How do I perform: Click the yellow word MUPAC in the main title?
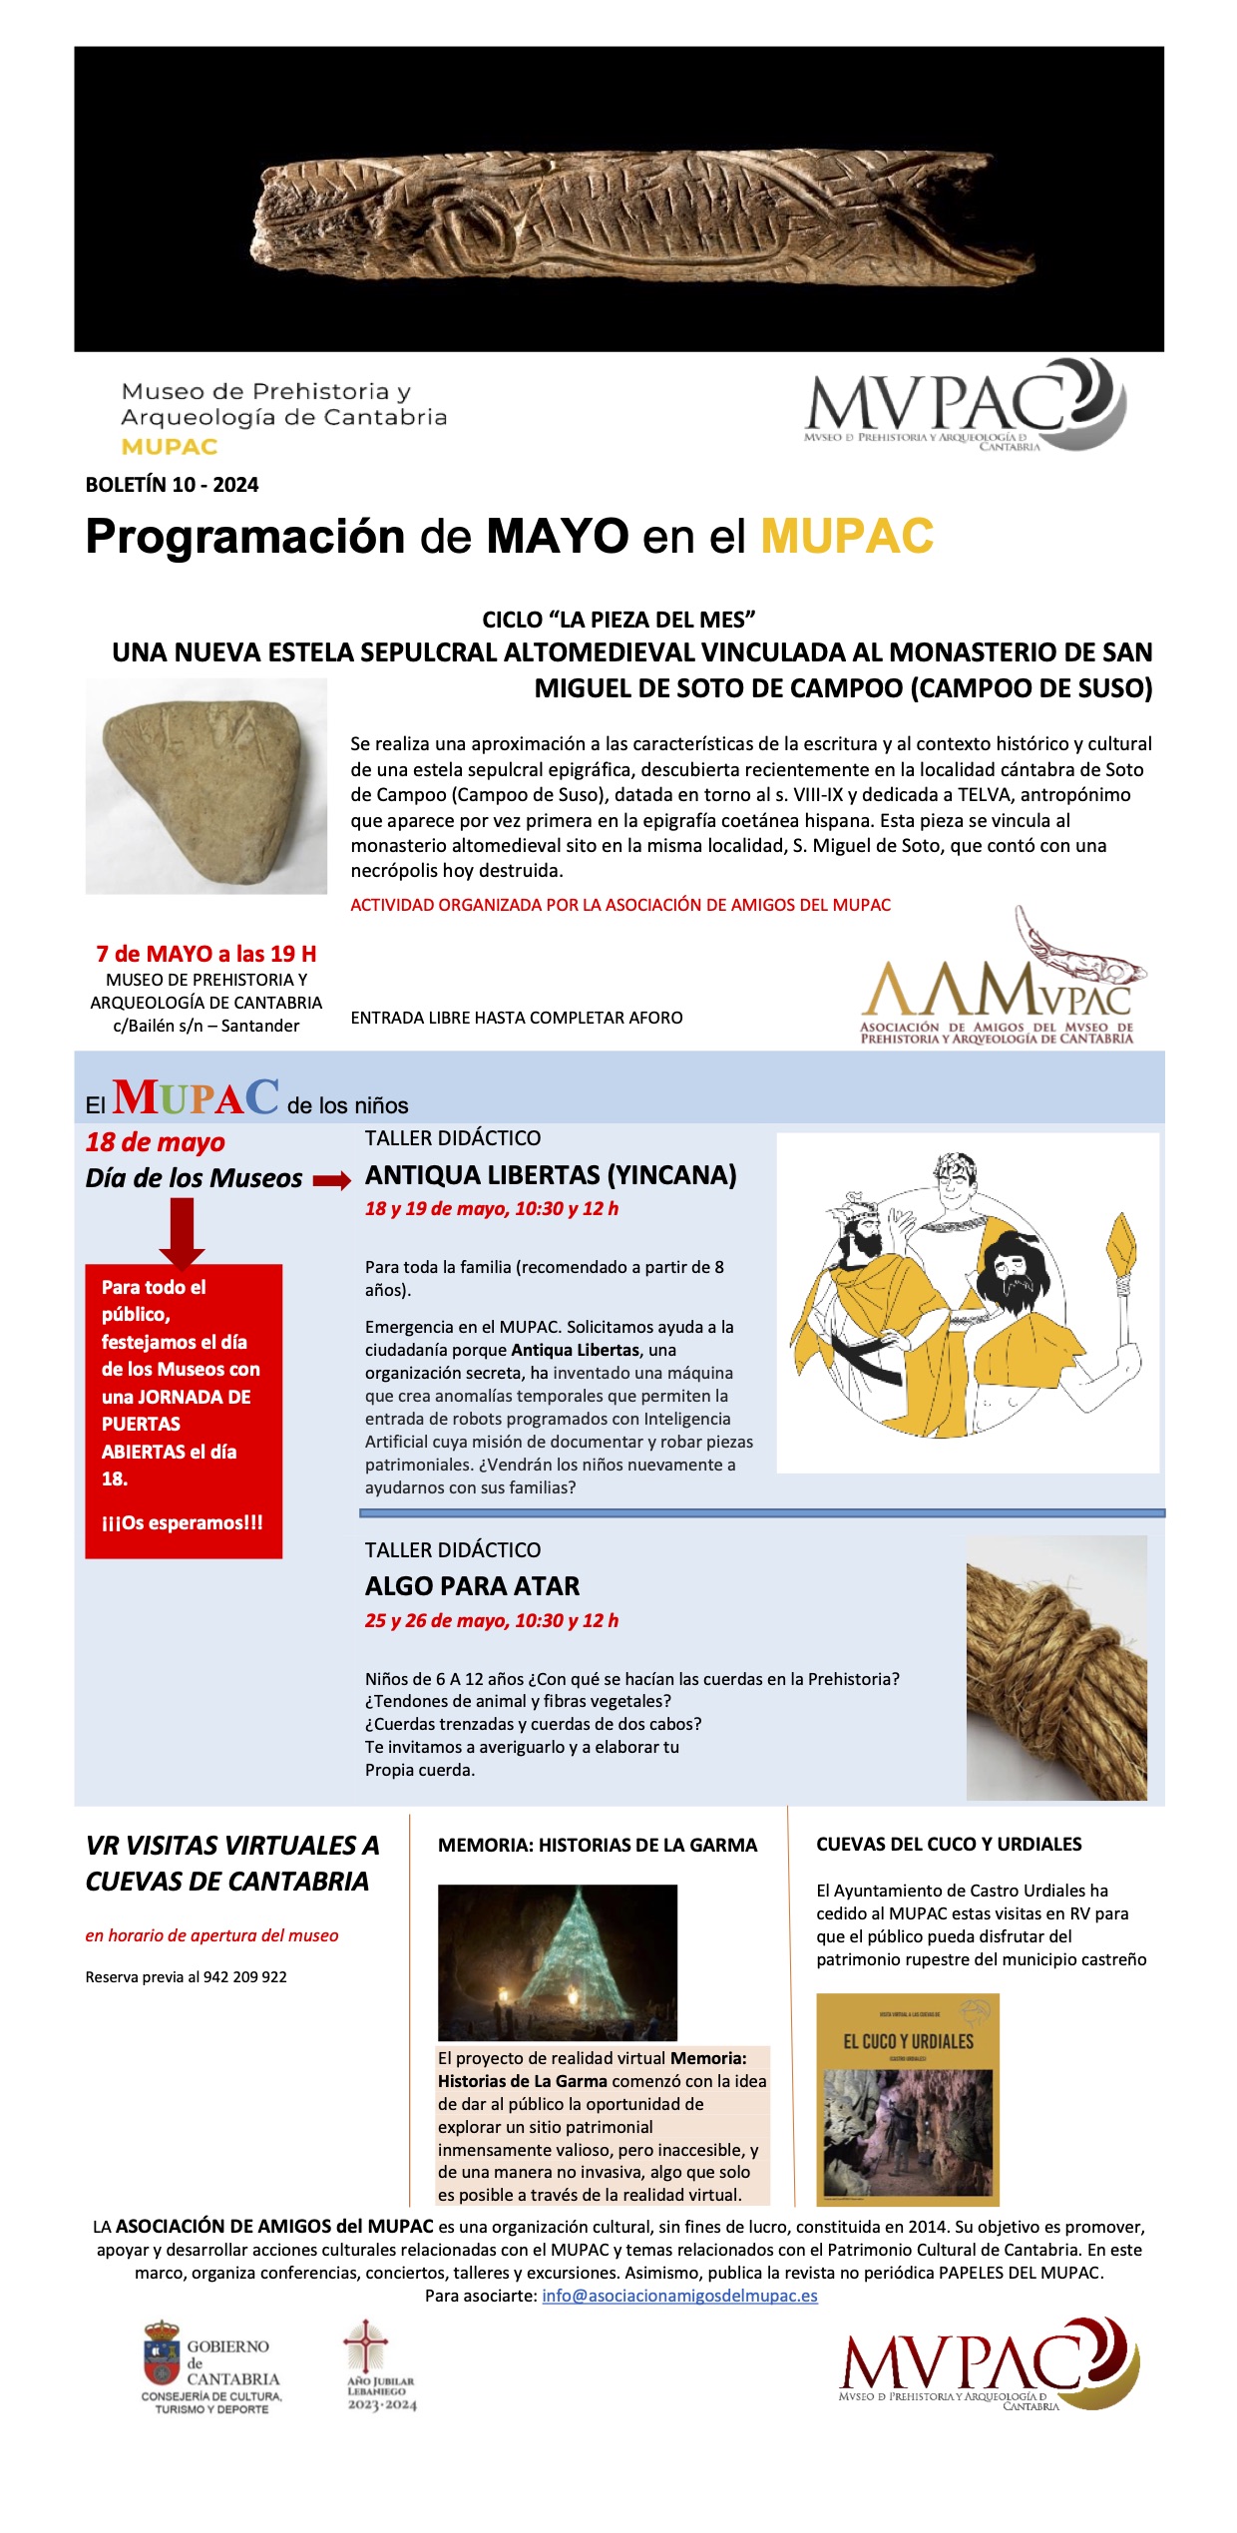click(x=847, y=537)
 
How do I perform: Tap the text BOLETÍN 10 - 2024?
click(x=172, y=485)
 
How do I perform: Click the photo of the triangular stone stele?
click(x=206, y=786)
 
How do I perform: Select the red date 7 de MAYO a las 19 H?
click(x=206, y=954)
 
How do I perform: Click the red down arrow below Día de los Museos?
click(x=182, y=1233)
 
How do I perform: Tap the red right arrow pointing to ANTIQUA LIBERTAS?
click(x=332, y=1181)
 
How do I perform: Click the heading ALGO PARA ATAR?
click(x=472, y=1586)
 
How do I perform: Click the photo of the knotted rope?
click(x=1056, y=1668)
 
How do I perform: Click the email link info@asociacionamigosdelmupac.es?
click(x=679, y=2296)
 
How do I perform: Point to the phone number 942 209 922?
click(x=244, y=1977)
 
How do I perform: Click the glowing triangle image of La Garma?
click(x=558, y=1961)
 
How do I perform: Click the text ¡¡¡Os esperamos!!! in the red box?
click(x=183, y=1522)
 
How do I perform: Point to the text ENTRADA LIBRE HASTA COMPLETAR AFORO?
click(x=517, y=1018)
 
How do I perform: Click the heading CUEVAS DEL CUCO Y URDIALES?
click(x=949, y=1845)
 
